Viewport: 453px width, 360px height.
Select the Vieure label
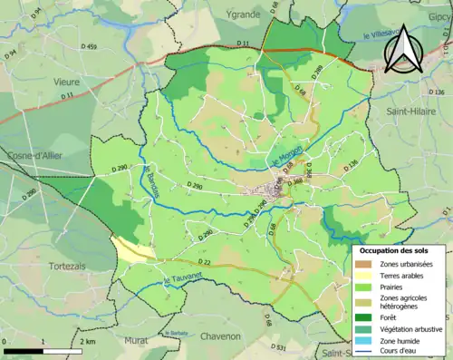(x=65, y=81)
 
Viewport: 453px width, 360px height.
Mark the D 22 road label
(x=205, y=263)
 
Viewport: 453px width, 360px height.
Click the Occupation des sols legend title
(x=400, y=250)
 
